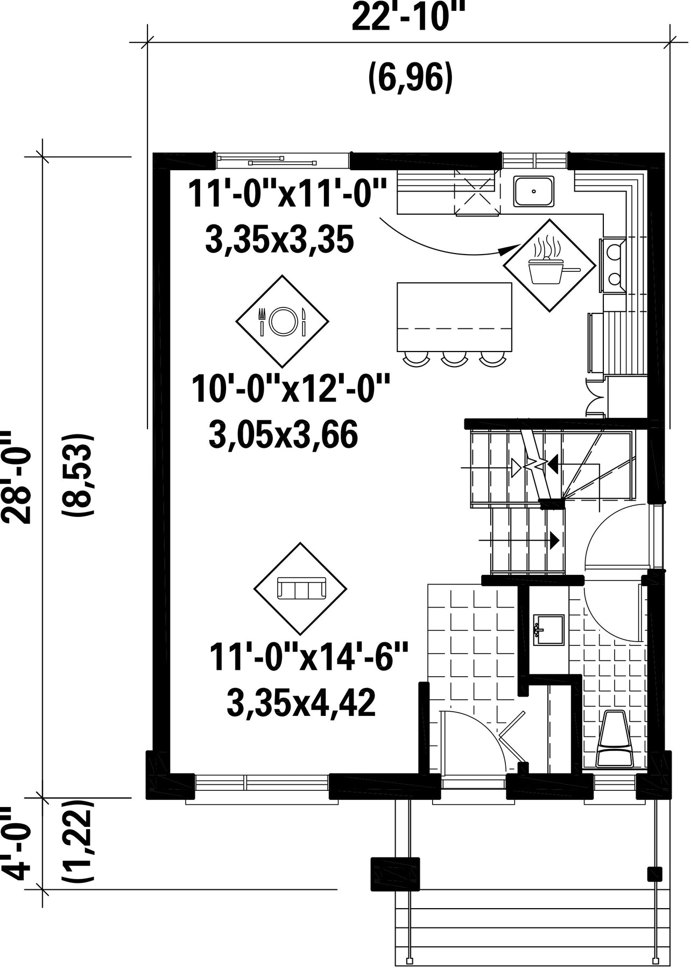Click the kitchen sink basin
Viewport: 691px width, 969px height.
tap(534, 191)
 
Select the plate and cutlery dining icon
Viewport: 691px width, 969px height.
tap(283, 321)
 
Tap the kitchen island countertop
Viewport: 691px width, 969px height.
tap(454, 316)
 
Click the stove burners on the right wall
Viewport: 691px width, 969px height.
tap(612, 265)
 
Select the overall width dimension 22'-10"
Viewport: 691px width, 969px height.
tap(407, 19)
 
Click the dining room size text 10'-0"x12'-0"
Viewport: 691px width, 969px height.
tap(291, 390)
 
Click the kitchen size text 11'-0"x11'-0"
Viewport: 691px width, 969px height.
tap(287, 193)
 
